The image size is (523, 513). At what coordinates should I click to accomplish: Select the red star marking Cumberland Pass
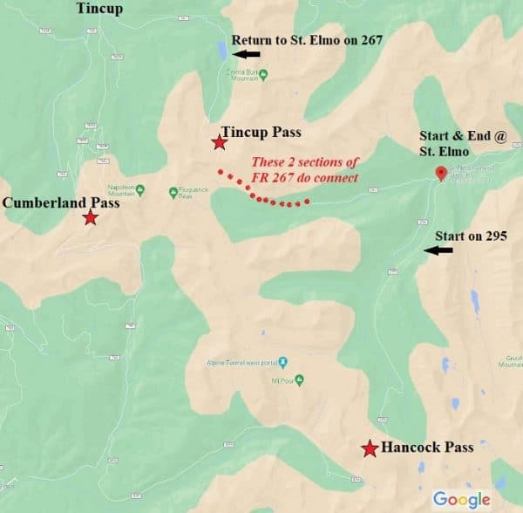(x=90, y=217)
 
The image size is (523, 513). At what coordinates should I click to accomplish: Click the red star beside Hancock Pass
(x=370, y=448)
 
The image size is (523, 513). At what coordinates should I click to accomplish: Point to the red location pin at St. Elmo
(x=440, y=173)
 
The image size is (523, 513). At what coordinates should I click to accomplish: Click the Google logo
(x=461, y=499)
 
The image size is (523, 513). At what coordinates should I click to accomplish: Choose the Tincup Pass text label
(x=261, y=133)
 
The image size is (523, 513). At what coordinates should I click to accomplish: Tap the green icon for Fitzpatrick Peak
(x=173, y=191)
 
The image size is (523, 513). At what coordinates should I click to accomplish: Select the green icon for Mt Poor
(x=299, y=380)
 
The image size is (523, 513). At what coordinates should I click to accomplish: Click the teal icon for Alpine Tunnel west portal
(x=282, y=360)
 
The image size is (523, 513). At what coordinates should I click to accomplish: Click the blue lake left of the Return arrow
(x=222, y=48)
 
